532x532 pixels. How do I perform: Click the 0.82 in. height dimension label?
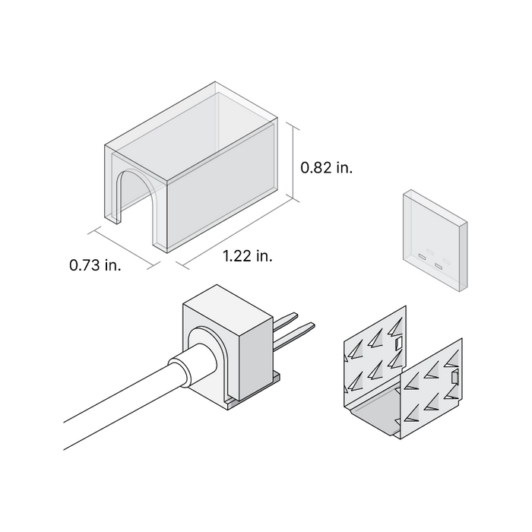pos(327,168)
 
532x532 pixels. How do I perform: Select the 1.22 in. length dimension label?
pos(248,256)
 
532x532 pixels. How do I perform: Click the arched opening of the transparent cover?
pos(135,201)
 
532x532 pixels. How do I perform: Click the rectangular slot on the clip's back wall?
pos(397,344)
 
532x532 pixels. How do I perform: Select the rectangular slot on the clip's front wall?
pos(454,377)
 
